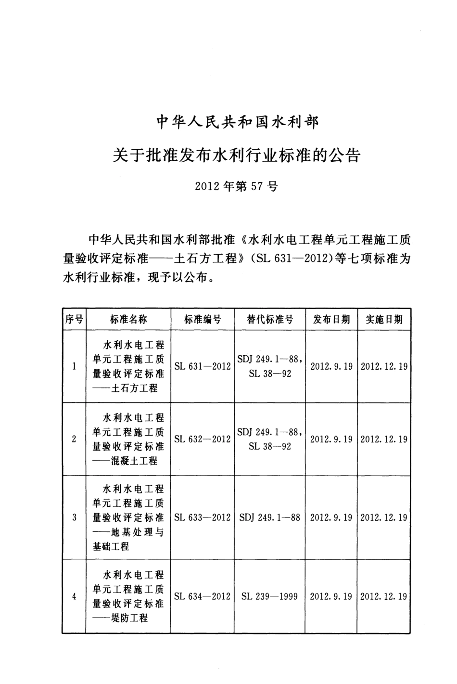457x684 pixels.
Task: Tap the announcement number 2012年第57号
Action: pyautogui.click(x=237, y=186)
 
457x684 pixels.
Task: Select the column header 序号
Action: pyautogui.click(x=74, y=319)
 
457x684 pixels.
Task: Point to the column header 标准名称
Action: pyautogui.click(x=128, y=319)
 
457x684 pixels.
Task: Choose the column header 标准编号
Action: pyautogui.click(x=203, y=319)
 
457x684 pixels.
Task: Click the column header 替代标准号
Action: pyautogui.click(x=270, y=319)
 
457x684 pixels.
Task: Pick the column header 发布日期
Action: pyautogui.click(x=331, y=319)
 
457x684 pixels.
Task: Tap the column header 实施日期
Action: pyautogui.click(x=384, y=319)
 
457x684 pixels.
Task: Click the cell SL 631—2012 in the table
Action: pyautogui.click(x=203, y=366)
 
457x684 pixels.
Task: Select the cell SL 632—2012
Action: pyautogui.click(x=203, y=439)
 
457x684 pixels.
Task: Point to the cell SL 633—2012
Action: pyautogui.click(x=203, y=517)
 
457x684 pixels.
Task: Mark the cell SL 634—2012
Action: pyautogui.click(x=203, y=596)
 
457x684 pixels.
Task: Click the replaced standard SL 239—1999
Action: pyautogui.click(x=270, y=596)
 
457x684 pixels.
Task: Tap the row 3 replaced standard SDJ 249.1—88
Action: pyautogui.click(x=270, y=517)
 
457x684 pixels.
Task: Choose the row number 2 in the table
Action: pyautogui.click(x=74, y=439)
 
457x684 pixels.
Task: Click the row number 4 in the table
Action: pyautogui.click(x=74, y=596)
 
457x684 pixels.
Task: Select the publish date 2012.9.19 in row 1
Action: pyautogui.click(x=331, y=366)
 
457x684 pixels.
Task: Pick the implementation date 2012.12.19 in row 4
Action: pyautogui.click(x=384, y=596)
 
